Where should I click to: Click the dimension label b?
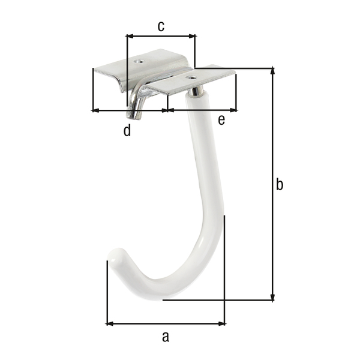pyautogui.click(x=279, y=185)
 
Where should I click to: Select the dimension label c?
pyautogui.click(x=161, y=26)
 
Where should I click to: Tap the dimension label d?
pyautogui.click(x=127, y=131)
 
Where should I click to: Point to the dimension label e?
pyautogui.click(x=221, y=121)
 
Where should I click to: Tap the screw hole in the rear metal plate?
pyautogui.click(x=139, y=61)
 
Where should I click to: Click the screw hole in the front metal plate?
pyautogui.click(x=191, y=77)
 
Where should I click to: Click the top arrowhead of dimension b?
pyautogui.click(x=273, y=71)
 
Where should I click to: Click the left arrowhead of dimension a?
pyautogui.click(x=109, y=324)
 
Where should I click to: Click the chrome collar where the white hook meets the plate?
pyautogui.click(x=196, y=91)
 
